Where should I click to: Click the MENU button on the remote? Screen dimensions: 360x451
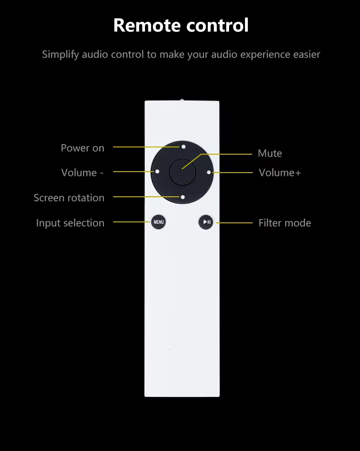[158, 222]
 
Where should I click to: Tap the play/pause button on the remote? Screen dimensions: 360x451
[206, 222]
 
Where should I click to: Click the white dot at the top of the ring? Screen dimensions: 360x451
[184, 146]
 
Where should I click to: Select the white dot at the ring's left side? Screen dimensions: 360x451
[157, 172]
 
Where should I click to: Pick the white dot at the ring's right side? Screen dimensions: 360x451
[209, 173]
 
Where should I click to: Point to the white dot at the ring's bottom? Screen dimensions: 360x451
[183, 197]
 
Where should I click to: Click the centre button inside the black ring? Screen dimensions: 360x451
[183, 172]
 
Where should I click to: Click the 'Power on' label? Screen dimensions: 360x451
[83, 148]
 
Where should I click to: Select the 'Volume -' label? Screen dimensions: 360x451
[82, 173]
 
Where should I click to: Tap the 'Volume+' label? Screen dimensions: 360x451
[280, 173]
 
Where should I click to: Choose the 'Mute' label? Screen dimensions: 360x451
[270, 153]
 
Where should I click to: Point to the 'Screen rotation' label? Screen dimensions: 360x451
[69, 198]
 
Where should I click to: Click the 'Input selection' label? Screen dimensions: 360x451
[70, 223]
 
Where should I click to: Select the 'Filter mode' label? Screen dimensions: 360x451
[285, 223]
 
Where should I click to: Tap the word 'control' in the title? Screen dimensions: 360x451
[217, 25]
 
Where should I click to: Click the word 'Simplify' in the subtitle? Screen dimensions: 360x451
[60, 55]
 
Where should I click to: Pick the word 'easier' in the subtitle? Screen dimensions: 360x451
[306, 55]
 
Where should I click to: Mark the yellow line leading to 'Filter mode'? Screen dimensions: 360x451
[234, 223]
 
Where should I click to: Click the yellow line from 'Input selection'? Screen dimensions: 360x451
[131, 222]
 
